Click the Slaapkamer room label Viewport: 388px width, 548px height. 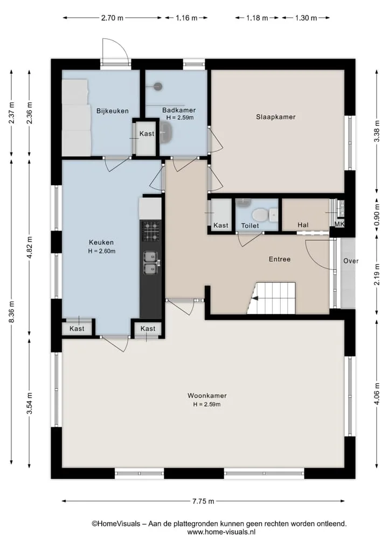[x=275, y=117]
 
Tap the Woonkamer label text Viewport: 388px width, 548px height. [x=207, y=396]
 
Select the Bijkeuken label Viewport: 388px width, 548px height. [x=113, y=111]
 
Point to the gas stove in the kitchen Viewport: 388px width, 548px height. [x=151, y=231]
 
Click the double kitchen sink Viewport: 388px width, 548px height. [x=151, y=263]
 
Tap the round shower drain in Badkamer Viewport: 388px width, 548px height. [x=158, y=86]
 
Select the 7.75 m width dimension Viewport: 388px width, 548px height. [x=203, y=501]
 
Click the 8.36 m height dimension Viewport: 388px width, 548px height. [x=12, y=311]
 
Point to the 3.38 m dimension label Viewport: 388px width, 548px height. [x=377, y=131]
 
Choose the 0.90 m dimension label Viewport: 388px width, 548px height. [x=377, y=214]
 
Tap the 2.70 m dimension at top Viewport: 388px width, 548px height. [x=112, y=18]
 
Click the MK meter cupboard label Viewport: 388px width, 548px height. [x=339, y=224]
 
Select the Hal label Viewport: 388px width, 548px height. [x=303, y=225]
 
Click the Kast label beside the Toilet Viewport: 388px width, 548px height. [x=220, y=225]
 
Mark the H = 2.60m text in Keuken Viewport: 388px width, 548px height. [x=102, y=251]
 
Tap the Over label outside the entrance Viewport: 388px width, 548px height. [x=351, y=261]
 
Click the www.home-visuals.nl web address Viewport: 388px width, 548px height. [x=221, y=532]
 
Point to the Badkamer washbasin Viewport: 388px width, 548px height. [x=167, y=134]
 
